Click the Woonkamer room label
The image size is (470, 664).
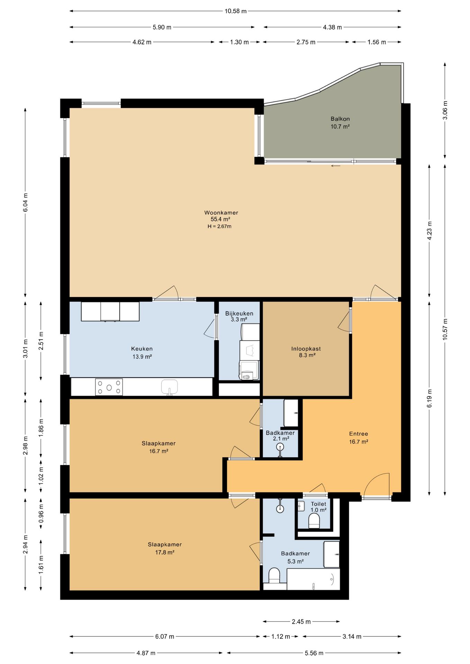[x=221, y=213]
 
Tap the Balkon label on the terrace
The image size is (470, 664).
[x=340, y=119]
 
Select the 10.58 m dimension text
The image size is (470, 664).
[x=236, y=11]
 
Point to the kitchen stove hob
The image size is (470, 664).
[x=109, y=387]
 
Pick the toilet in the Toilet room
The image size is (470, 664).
[x=314, y=521]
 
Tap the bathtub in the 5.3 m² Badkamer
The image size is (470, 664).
[x=314, y=579]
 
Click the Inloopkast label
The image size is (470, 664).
[x=306, y=349]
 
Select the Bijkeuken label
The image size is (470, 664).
[x=239, y=313]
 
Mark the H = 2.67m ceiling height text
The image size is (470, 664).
[x=219, y=227]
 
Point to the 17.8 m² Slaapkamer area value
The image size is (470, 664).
[x=165, y=552]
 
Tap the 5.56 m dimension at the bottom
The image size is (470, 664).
[x=314, y=653]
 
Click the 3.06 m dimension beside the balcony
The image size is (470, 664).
[x=445, y=110]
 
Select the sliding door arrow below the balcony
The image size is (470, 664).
[x=336, y=166]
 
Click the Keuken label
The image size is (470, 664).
[x=142, y=349]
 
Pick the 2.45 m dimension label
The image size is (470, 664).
[x=301, y=621]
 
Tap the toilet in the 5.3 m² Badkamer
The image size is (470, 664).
[x=274, y=575]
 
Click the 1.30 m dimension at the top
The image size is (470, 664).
[x=239, y=42]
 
